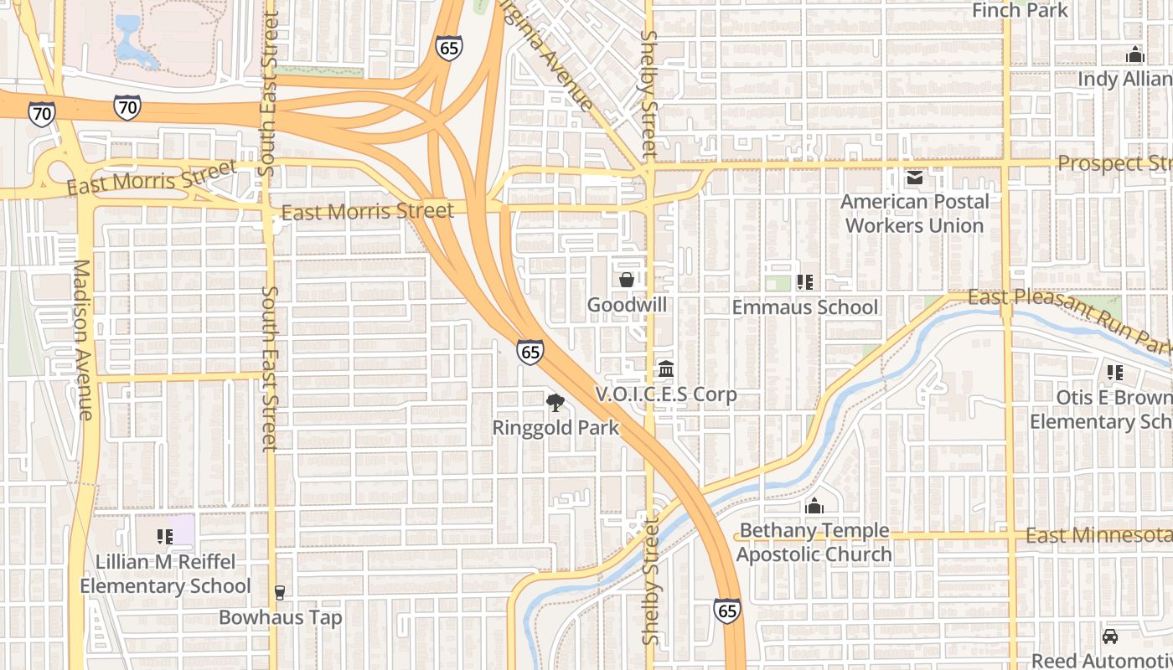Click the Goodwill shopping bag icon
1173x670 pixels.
tap(626, 280)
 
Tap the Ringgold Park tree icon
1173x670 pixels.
tap(555, 403)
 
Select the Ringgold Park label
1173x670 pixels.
tap(555, 428)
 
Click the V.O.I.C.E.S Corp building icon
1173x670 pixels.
tap(666, 368)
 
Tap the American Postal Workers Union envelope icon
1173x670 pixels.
tap(914, 177)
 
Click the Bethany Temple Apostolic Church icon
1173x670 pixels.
tap(814, 506)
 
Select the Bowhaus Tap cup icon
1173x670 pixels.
tap(280, 593)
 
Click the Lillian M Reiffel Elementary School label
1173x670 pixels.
tap(165, 574)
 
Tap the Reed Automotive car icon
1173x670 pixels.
tap(1110, 636)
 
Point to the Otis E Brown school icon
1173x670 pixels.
tap(1114, 372)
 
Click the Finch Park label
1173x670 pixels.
tap(1020, 10)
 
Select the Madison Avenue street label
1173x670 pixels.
tap(82, 339)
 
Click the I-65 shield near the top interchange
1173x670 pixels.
tap(449, 48)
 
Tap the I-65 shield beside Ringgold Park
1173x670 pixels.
tap(530, 352)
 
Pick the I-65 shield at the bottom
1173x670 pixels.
tap(727, 611)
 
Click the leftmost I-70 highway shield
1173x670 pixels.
tap(41, 114)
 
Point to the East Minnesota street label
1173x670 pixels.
tap(1098, 535)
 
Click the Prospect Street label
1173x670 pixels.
tap(1114, 163)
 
